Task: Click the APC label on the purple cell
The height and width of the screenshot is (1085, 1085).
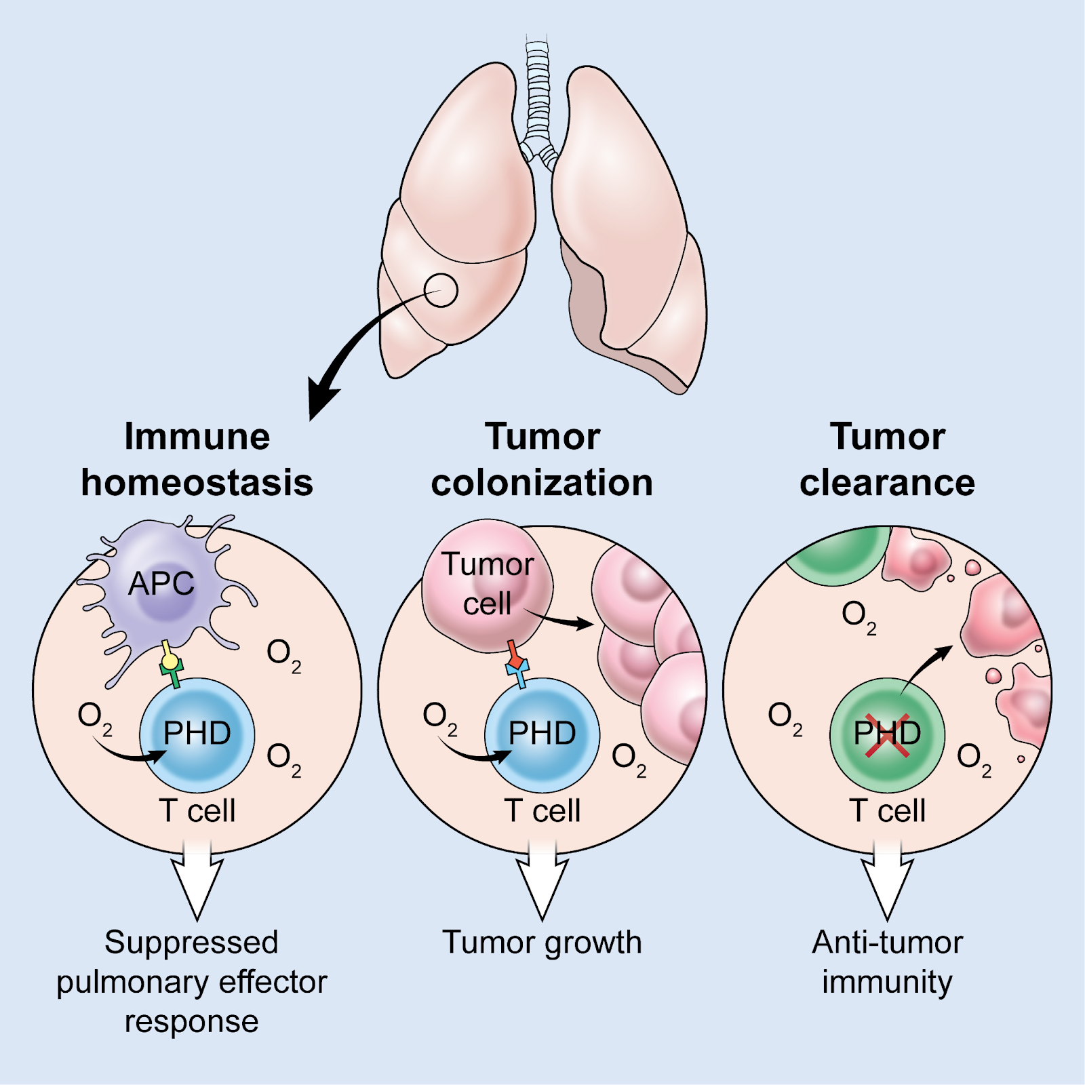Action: (161, 583)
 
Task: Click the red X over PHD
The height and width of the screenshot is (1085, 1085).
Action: (887, 735)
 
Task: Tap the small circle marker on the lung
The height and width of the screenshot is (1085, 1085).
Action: (441, 290)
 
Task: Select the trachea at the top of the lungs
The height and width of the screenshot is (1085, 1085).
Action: (538, 88)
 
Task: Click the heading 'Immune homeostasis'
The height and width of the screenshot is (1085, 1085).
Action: (197, 459)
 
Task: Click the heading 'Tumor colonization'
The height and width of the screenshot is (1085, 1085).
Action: (542, 459)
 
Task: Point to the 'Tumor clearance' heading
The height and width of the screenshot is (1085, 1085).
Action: (887, 459)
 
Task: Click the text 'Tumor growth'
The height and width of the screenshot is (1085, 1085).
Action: (542, 943)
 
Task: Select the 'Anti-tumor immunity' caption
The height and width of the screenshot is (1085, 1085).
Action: (887, 962)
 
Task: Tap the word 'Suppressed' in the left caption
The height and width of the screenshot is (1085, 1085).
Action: (191, 943)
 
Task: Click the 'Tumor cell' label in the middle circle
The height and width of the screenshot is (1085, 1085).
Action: (487, 584)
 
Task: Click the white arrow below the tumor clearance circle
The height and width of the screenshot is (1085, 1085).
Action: (887, 882)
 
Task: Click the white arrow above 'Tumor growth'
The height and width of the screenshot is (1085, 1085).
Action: (542, 882)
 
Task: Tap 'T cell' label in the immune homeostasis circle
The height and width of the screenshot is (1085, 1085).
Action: (197, 811)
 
